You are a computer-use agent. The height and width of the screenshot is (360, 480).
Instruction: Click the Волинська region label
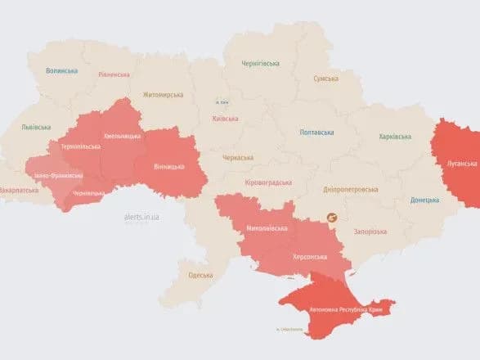point(61,71)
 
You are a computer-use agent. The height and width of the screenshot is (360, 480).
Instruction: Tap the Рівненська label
point(113,74)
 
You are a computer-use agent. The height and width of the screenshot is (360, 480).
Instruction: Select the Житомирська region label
point(163,94)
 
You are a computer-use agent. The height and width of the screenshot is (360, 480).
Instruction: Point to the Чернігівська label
point(260,63)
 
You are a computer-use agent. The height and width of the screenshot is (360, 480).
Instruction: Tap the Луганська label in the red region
point(461,163)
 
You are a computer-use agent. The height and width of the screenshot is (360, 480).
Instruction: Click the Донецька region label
point(424,199)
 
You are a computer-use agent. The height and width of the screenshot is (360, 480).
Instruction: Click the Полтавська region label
point(316,132)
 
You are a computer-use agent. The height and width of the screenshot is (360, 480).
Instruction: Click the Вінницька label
point(169,167)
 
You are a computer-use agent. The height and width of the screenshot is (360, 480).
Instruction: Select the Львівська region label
point(36,127)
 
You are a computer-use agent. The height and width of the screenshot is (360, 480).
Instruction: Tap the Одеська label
point(200,275)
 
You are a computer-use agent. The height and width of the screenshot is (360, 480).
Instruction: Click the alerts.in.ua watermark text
point(141,216)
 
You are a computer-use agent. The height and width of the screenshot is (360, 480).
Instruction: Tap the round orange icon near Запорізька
point(332,218)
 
